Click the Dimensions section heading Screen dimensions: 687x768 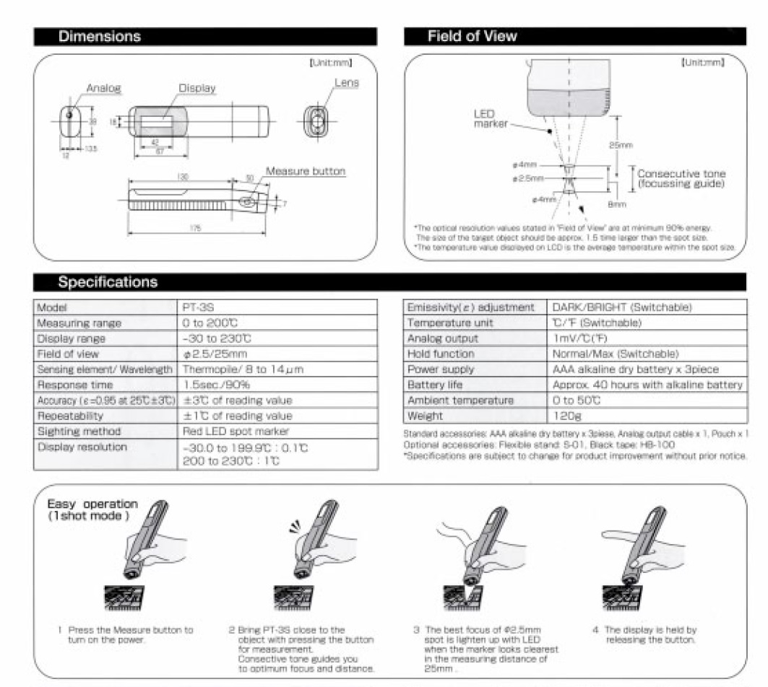click(100, 36)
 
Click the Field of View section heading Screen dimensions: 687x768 click(472, 36)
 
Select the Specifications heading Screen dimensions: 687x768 click(107, 281)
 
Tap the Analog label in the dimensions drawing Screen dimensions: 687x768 click(103, 89)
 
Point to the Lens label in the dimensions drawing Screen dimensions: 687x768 click(346, 83)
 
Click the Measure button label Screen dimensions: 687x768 click(306, 172)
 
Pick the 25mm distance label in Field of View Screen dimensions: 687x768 click(620, 145)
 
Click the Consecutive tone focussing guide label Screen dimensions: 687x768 click(681, 179)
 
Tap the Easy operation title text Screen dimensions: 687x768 click(91, 509)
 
